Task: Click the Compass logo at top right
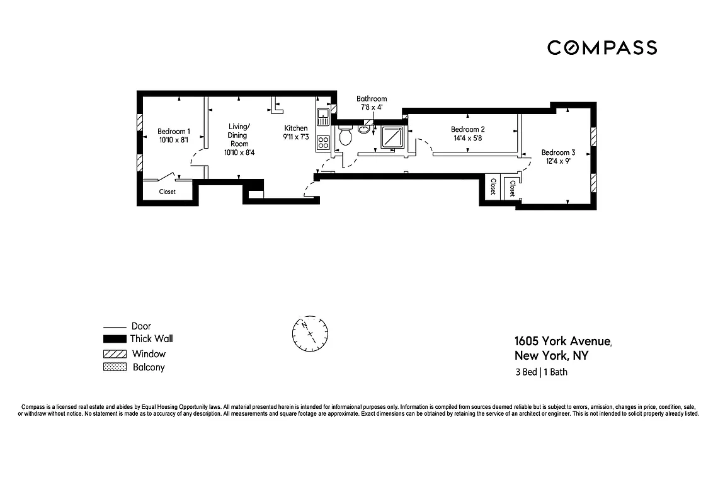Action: tap(602, 47)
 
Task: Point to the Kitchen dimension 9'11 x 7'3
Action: tap(296, 137)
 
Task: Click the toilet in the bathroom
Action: tap(345, 137)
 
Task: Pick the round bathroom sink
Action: tap(365, 130)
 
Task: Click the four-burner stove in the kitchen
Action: tap(323, 142)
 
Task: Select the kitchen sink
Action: tap(322, 115)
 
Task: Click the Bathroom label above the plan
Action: tap(372, 99)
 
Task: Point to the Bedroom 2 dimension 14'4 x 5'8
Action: tap(467, 138)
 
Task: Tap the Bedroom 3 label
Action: tap(558, 152)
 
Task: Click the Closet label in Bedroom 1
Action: tap(168, 192)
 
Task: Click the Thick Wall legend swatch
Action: tap(115, 339)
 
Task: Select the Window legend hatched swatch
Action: tap(115, 354)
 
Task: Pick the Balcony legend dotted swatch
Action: tap(115, 367)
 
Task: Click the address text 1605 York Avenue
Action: tap(562, 341)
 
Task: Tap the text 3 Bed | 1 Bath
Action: tap(541, 372)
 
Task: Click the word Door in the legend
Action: tap(141, 326)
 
